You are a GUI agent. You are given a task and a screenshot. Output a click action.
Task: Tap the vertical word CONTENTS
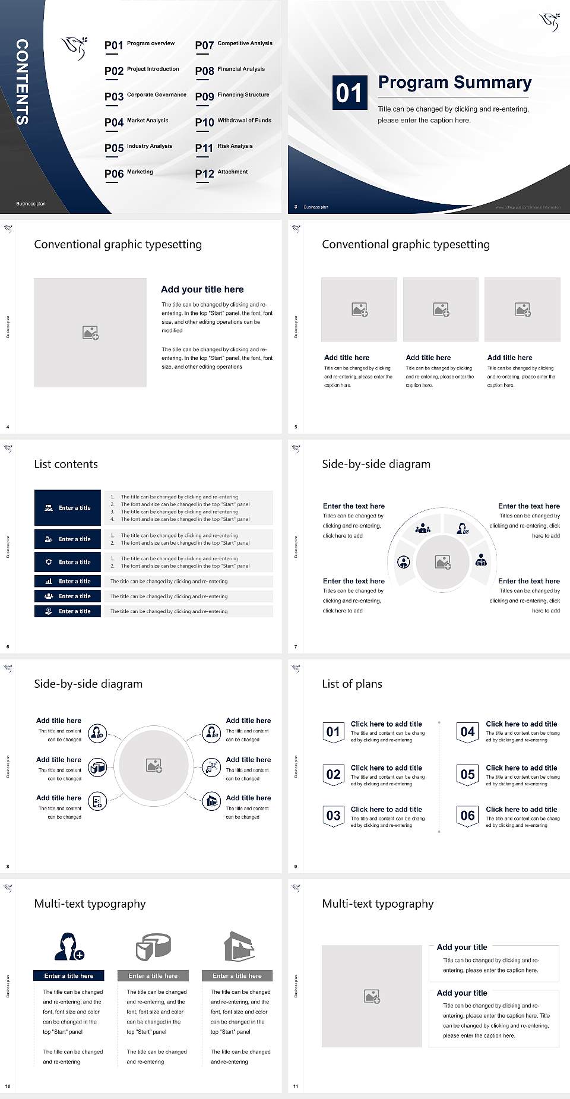(21, 82)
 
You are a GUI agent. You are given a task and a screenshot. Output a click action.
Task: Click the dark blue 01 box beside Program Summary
(349, 93)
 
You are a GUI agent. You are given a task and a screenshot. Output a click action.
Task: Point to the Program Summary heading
(454, 83)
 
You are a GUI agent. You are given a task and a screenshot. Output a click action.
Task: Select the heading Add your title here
(202, 289)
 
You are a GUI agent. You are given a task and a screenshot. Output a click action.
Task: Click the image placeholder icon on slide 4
(90, 333)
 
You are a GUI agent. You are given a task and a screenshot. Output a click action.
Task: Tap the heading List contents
(66, 464)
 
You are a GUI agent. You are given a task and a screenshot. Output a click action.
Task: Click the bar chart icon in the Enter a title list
(49, 581)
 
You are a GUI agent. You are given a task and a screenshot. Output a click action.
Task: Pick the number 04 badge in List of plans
(468, 732)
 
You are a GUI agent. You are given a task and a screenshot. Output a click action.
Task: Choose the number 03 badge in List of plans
(333, 816)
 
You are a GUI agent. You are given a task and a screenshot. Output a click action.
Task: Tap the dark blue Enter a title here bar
(68, 975)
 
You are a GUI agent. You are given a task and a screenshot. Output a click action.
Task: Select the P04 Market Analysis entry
(137, 122)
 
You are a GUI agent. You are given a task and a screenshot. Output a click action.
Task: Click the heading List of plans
(352, 684)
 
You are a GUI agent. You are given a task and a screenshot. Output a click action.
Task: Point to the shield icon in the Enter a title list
(49, 561)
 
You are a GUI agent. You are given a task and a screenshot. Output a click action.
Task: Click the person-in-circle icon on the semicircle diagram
(403, 561)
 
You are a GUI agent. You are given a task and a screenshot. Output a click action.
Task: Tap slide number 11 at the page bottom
(296, 1086)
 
